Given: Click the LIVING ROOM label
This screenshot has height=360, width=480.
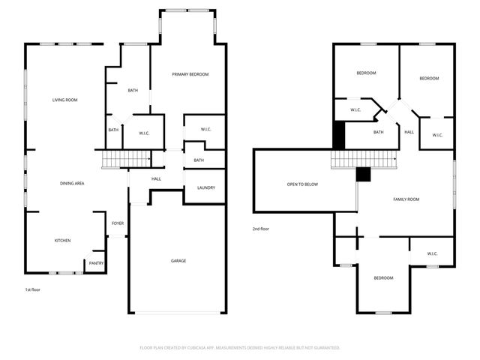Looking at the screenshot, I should tap(64, 100).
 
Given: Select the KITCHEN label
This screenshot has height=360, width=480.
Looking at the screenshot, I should tap(62, 241).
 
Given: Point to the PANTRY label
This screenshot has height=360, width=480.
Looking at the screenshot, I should tap(96, 263).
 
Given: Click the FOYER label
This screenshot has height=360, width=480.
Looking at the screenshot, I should tap(118, 223).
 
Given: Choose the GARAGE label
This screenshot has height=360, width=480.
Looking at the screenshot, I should tap(178, 261).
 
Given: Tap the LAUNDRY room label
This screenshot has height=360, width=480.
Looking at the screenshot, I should tap(205, 188).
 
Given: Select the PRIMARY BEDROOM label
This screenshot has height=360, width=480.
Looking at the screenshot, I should tap(190, 74).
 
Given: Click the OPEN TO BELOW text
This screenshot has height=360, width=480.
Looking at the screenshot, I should tap(302, 184).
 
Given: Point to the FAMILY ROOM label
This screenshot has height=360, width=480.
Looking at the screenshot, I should tap(406, 199).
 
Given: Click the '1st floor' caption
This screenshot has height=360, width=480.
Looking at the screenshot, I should tap(33, 289).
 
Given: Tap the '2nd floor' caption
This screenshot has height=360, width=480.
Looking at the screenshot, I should tap(260, 229).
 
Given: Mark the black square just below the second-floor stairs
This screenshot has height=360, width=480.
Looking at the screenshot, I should tap(364, 174).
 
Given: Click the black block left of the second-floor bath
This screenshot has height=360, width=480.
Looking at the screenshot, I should tap(338, 135).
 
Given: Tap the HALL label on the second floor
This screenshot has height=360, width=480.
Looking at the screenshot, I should tap(409, 132).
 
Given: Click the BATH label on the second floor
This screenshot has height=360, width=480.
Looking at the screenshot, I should tap(379, 132).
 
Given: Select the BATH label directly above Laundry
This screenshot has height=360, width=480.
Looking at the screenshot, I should tap(199, 160).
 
